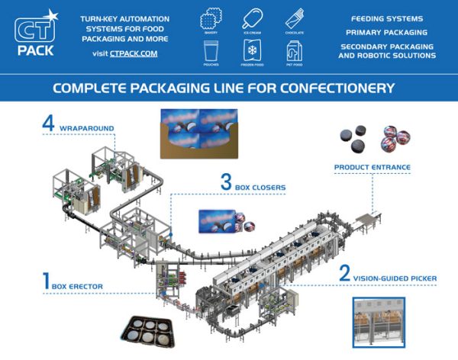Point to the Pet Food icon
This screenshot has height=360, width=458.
click(294, 50)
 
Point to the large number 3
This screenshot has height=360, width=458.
click(226, 182)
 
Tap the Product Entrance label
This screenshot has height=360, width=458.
click(373, 167)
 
